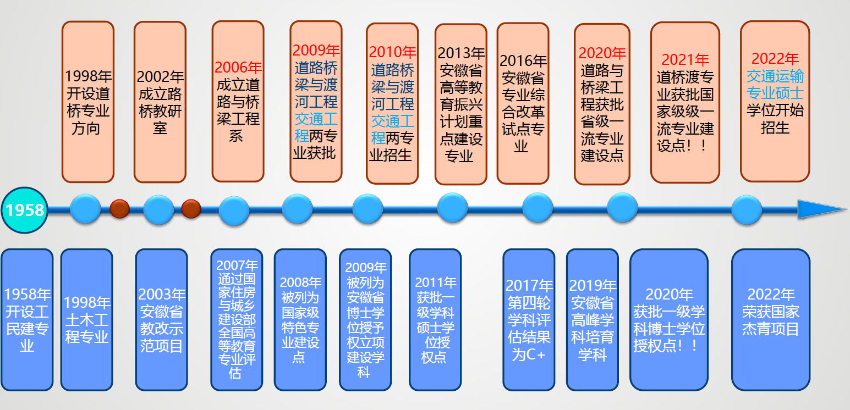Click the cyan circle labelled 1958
pyautogui.click(x=25, y=210)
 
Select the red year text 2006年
pyautogui.click(x=238, y=68)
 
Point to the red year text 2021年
pyautogui.click(x=685, y=60)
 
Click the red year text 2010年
pyautogui.click(x=392, y=52)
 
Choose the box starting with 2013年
pyautogui.click(x=460, y=104)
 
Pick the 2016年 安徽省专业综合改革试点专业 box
pyautogui.click(x=523, y=103)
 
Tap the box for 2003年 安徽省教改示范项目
pyautogui.click(x=161, y=319)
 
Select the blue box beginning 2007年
pyautogui.click(x=236, y=319)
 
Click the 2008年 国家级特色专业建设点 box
pyautogui.click(x=300, y=319)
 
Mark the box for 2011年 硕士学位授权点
pyautogui.click(x=435, y=319)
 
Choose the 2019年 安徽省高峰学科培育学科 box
pyautogui.click(x=592, y=319)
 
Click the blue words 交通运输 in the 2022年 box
pyautogui.click(x=775, y=76)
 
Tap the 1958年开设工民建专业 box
pyautogui.click(x=27, y=319)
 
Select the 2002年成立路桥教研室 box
pyautogui.click(x=160, y=102)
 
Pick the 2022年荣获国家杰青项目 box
pyautogui.click(x=770, y=319)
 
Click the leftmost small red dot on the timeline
pyautogui.click(x=119, y=209)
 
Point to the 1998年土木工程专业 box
pyautogui.click(x=86, y=319)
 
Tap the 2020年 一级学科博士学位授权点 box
pyautogui.click(x=668, y=319)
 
